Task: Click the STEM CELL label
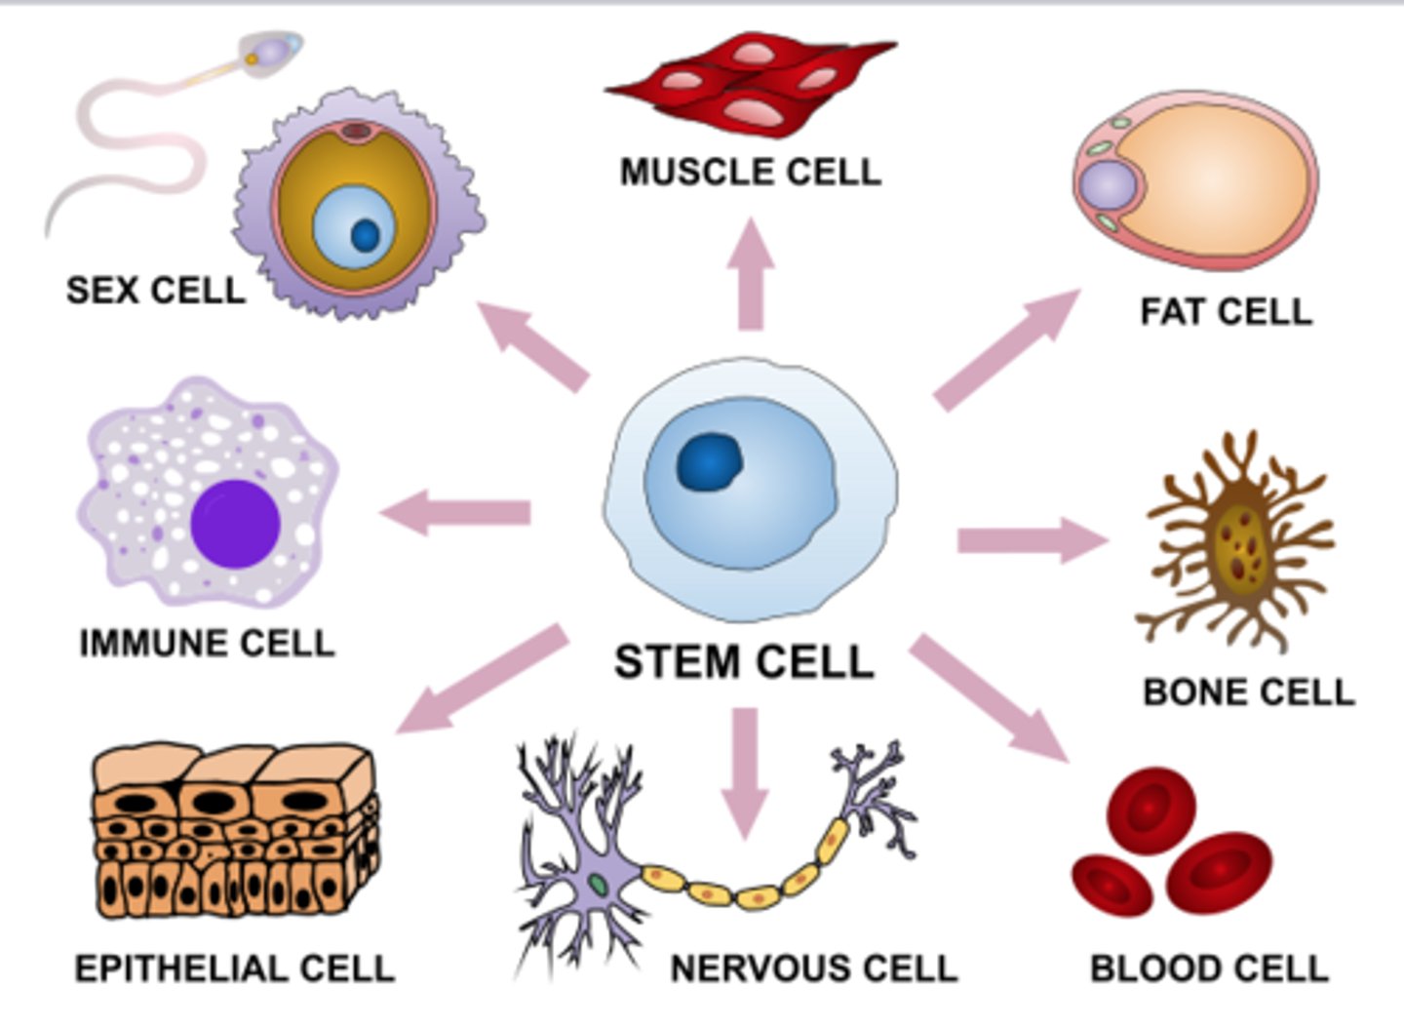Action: [744, 662]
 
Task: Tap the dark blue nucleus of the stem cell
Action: [710, 461]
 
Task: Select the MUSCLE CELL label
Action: [751, 173]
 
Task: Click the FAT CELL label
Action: [1226, 312]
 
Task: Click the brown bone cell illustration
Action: [1238, 541]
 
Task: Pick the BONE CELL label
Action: [1248, 692]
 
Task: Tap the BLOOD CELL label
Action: [1209, 969]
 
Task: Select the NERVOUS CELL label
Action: [814, 969]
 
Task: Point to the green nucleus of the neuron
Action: [596, 885]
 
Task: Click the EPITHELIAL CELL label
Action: [235, 969]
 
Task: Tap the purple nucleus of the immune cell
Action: [235, 524]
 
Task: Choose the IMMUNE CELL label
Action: [207, 644]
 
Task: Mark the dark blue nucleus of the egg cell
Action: [365, 235]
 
